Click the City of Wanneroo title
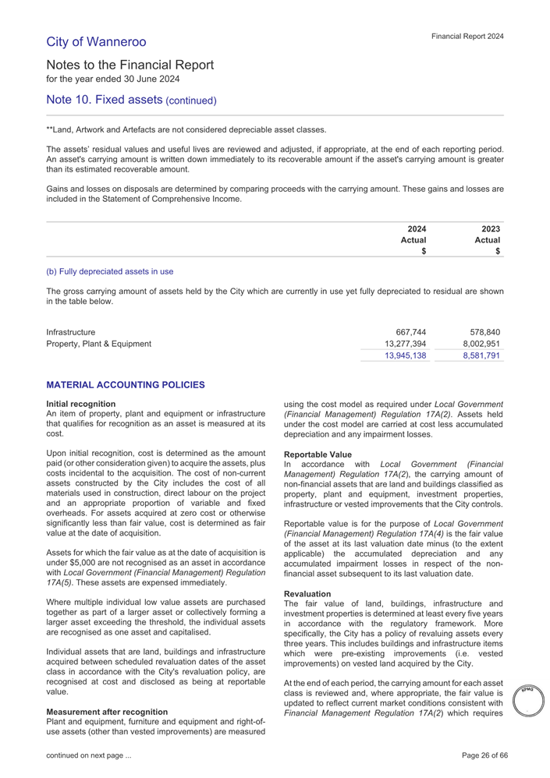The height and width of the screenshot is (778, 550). [x=96, y=41]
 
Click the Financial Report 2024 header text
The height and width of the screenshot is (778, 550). [x=467, y=36]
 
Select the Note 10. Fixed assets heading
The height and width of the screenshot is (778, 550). [x=131, y=100]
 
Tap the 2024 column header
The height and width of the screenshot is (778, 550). [x=417, y=228]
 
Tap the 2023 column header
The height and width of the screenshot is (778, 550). [x=490, y=228]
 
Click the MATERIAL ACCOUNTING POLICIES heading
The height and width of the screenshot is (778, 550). [x=125, y=386]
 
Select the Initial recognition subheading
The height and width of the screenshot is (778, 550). [x=81, y=403]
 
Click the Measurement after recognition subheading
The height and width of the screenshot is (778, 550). [x=108, y=712]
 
